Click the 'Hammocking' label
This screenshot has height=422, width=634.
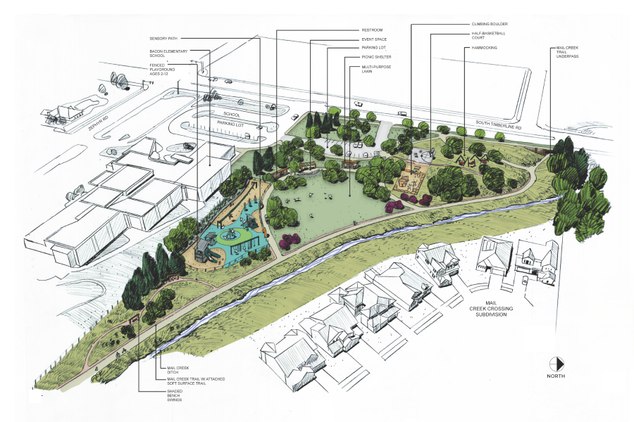482,49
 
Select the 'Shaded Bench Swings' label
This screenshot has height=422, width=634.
172,396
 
